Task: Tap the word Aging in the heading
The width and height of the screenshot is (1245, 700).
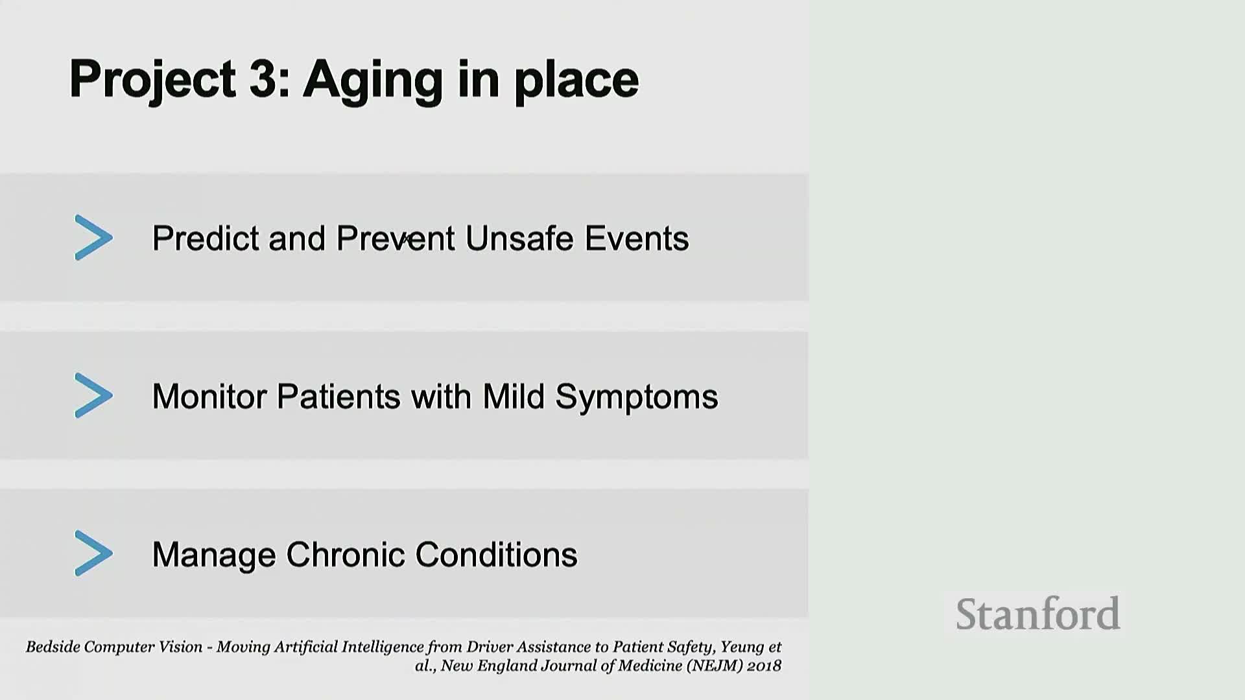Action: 373,82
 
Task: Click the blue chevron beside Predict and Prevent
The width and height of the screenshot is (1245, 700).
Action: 94,238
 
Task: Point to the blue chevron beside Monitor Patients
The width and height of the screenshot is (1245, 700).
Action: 94,395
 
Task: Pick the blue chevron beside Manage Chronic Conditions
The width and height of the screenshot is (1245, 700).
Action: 94,554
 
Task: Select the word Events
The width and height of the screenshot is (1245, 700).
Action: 637,238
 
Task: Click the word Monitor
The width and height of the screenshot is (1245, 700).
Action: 211,396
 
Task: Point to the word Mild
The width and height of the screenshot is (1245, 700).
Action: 514,396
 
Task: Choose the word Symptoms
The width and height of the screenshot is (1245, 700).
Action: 637,397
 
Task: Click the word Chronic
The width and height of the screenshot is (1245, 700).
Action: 346,554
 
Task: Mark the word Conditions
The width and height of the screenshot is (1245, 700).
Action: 497,554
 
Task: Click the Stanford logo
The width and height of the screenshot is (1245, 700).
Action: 1038,614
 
